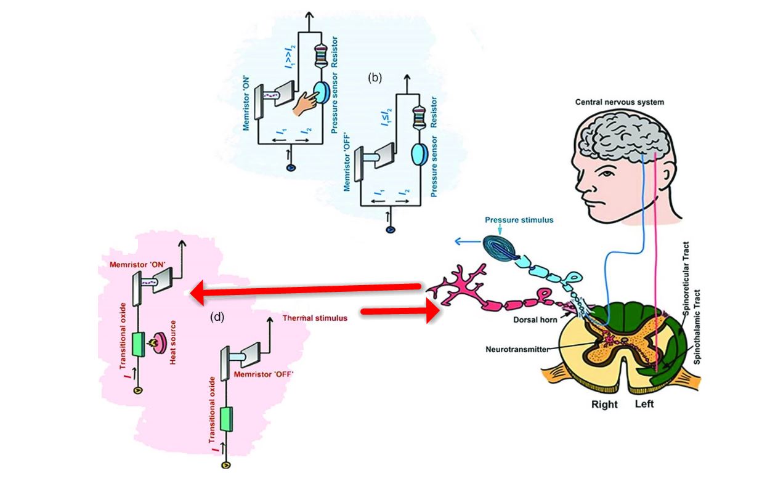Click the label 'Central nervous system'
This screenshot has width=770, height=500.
620,102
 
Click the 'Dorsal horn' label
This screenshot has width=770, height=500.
537,320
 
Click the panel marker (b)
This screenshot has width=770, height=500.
375,78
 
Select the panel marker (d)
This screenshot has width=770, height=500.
217,317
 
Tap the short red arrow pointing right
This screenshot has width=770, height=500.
400,313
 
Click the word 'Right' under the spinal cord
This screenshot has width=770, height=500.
604,405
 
